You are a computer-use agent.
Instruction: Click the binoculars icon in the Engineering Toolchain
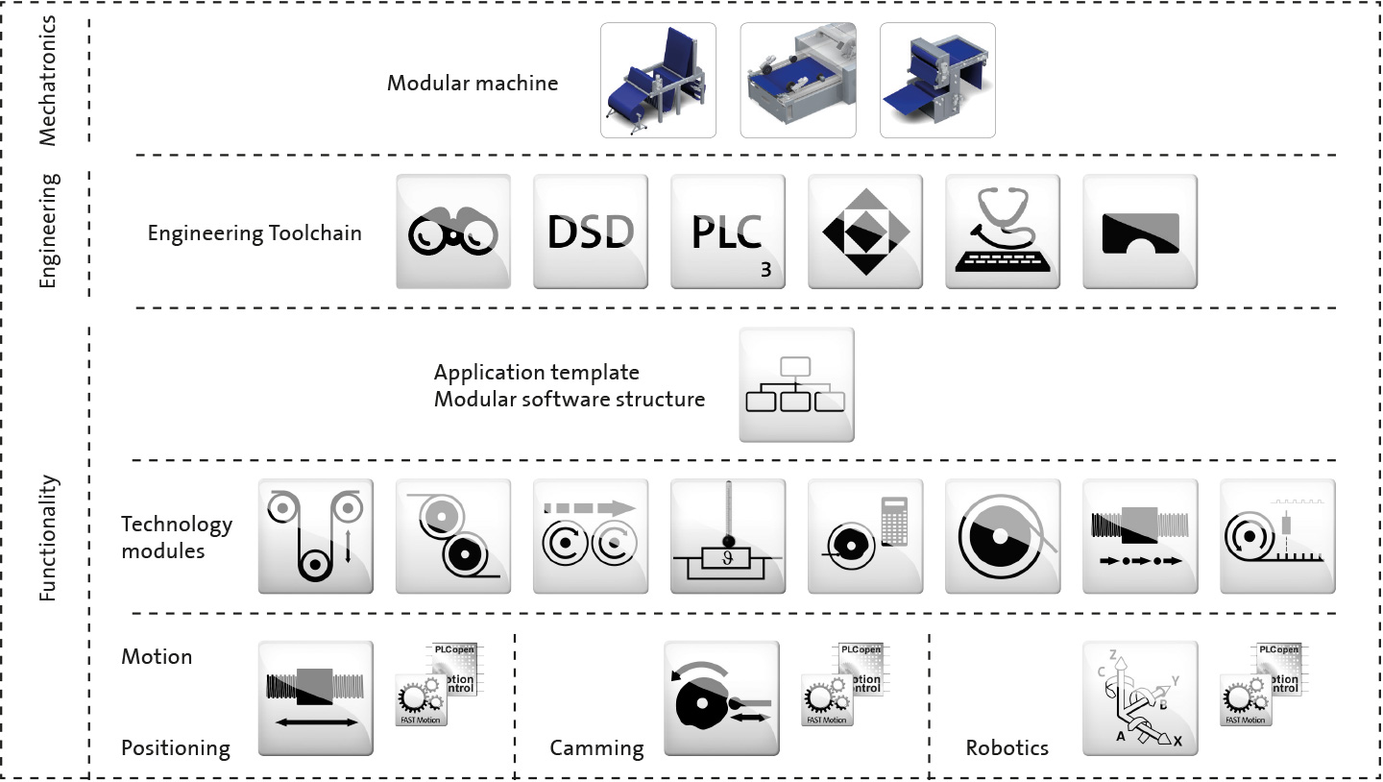point(453,232)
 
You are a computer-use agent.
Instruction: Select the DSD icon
point(591,232)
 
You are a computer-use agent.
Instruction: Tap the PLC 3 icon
point(728,232)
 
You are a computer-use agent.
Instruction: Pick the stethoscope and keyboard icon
point(1003,232)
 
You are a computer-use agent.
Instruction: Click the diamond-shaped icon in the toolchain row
point(865,232)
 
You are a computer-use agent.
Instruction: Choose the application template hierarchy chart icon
point(796,384)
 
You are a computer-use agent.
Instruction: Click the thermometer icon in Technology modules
point(728,536)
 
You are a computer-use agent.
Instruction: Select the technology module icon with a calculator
point(865,536)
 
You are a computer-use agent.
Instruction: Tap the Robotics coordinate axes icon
point(1140,697)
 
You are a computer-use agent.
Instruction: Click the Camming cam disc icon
point(722,697)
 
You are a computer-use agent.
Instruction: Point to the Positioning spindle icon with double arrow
point(316,697)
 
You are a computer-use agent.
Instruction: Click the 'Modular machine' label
point(473,83)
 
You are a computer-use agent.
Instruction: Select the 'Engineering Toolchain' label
point(255,232)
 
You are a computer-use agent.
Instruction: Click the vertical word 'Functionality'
point(49,538)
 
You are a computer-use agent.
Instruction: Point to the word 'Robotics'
point(1007,747)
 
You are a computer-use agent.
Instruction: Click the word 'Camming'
point(596,747)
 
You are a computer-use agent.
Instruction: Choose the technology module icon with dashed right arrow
point(591,536)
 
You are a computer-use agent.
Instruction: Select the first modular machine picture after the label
point(658,80)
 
